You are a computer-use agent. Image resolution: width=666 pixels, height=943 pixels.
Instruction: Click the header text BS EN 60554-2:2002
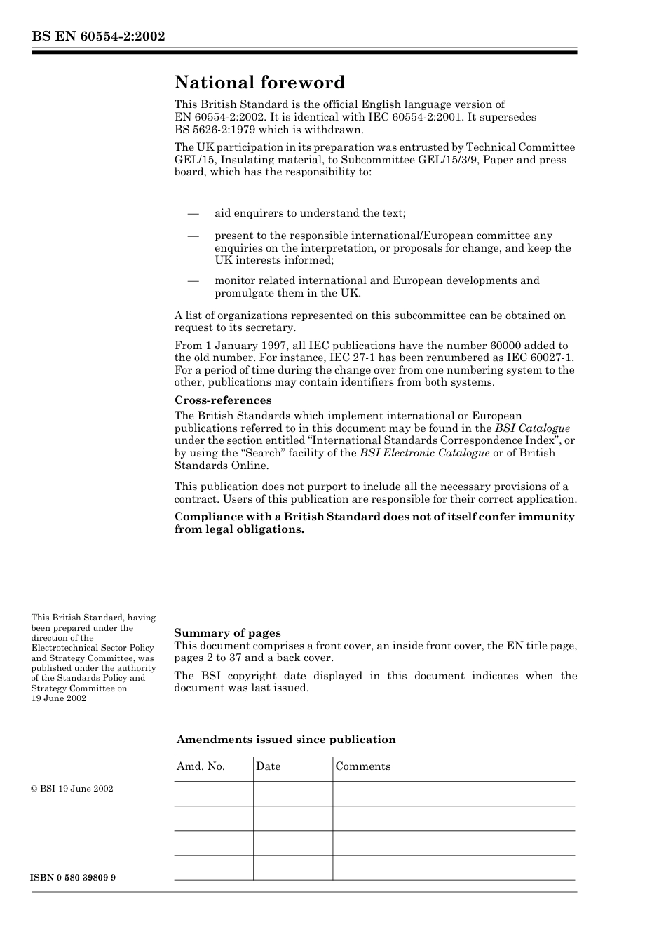click(97, 36)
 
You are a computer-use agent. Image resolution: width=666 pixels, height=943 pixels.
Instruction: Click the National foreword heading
click(259, 83)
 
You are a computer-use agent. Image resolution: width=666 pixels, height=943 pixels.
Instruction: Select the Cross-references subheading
click(223, 400)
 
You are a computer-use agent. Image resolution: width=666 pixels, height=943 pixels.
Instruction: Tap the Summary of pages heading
click(227, 633)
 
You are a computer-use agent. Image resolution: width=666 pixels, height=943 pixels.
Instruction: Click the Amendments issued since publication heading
click(286, 740)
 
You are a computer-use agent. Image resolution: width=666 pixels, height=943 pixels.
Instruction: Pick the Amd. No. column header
click(201, 766)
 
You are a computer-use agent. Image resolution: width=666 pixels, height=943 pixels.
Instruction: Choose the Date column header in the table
click(268, 766)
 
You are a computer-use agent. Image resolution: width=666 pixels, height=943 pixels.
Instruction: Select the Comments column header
click(362, 766)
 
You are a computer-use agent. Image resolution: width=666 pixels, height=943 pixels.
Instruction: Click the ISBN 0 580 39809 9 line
click(73, 878)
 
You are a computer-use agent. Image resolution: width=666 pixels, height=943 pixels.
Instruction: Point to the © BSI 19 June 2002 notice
click(72, 789)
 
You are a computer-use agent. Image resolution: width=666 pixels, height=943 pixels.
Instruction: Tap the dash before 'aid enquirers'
click(193, 213)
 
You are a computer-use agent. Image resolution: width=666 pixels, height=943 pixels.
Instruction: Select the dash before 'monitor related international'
click(193, 280)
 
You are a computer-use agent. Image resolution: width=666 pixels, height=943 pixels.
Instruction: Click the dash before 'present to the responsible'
click(193, 236)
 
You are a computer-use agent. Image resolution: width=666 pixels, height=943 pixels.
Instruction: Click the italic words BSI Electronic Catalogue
click(424, 453)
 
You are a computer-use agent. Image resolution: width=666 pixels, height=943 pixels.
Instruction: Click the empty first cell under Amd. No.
click(213, 794)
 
